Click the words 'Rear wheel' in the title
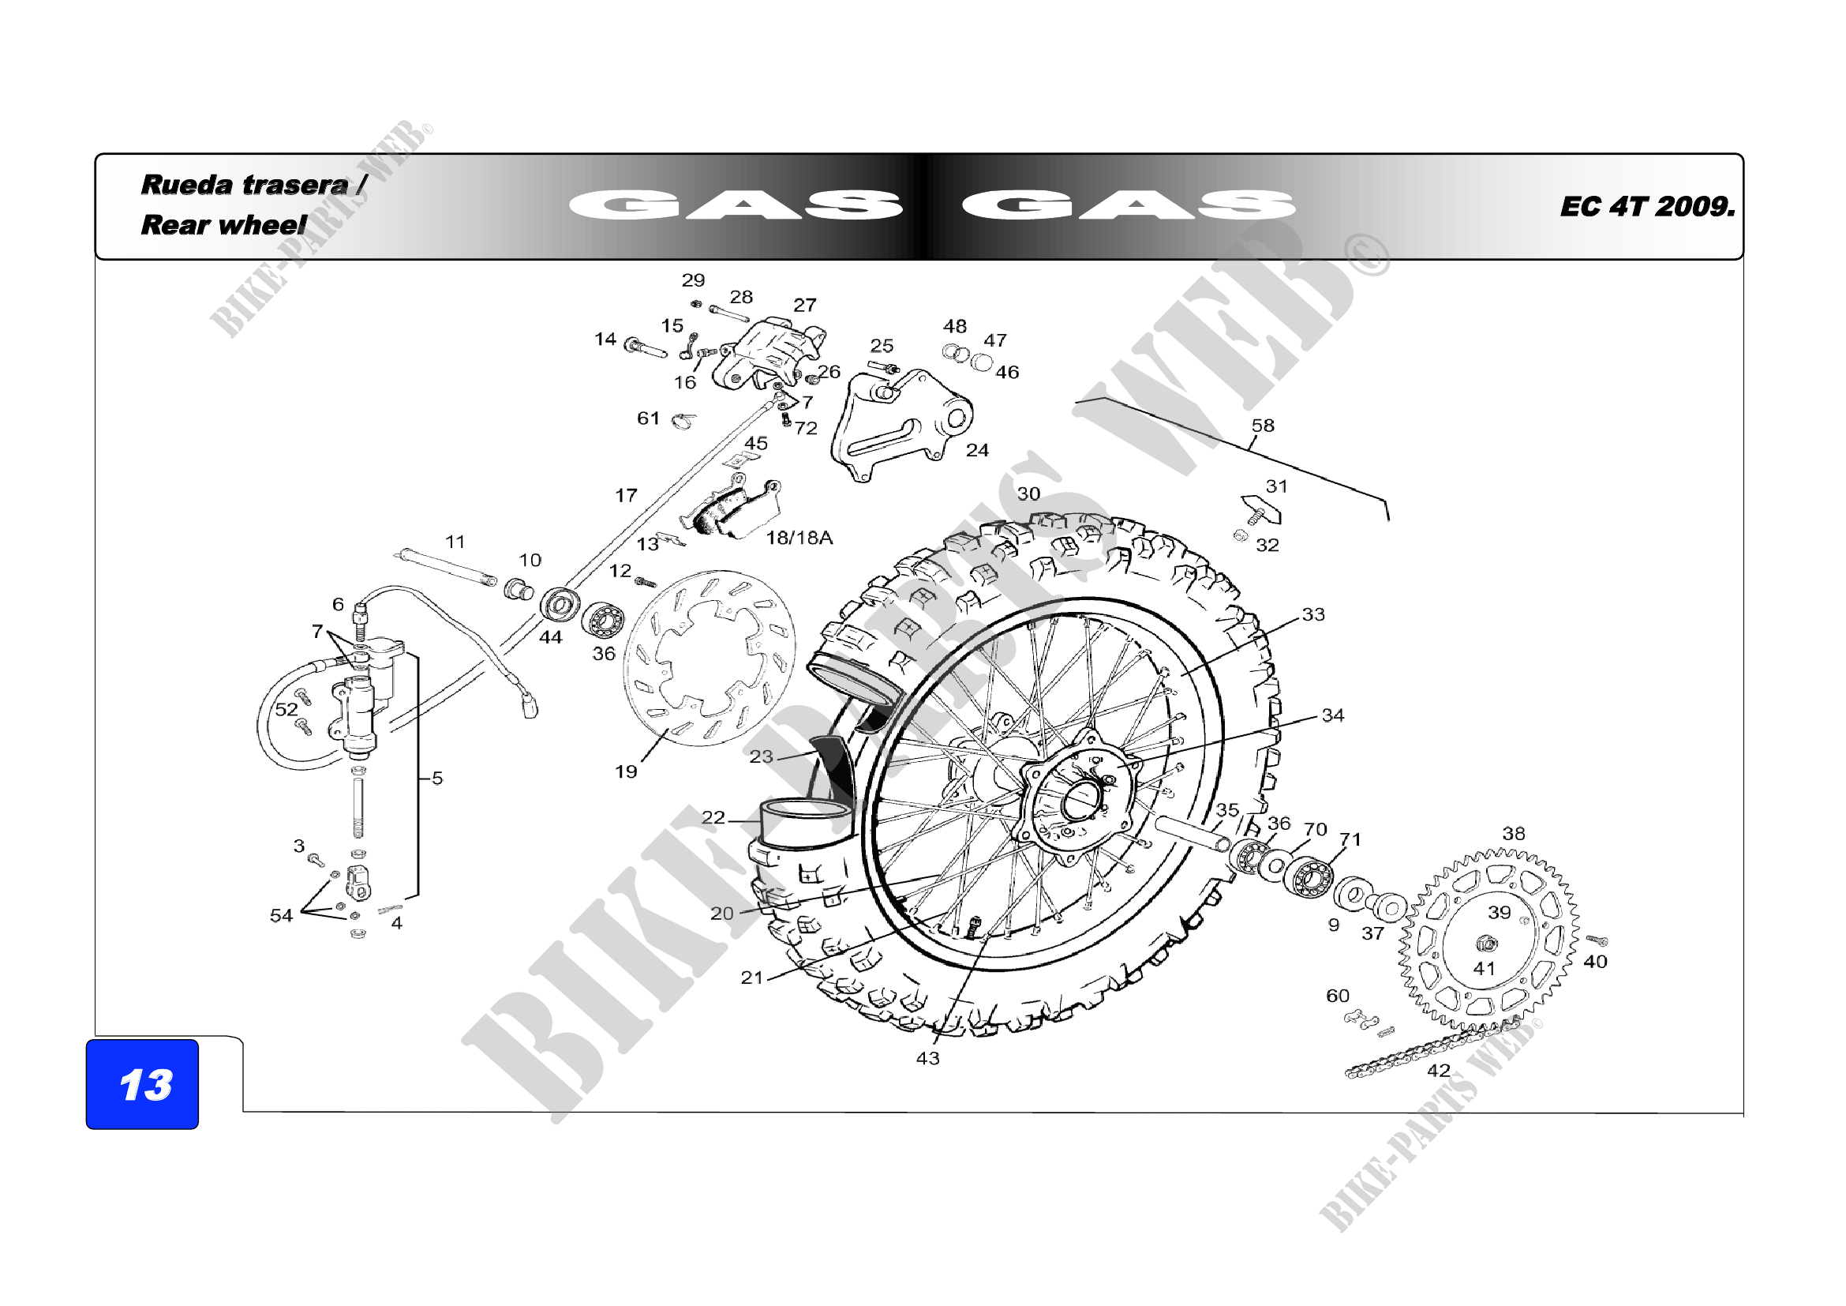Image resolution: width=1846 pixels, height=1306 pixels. (223, 224)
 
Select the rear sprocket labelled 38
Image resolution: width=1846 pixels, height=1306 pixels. (1488, 941)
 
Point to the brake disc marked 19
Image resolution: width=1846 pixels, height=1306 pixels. (710, 658)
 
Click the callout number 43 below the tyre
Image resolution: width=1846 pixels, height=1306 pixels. (928, 1058)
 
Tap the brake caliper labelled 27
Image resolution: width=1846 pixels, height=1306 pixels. (772, 354)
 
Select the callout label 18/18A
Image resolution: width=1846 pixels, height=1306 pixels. (799, 538)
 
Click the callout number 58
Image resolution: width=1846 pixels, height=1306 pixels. (1263, 426)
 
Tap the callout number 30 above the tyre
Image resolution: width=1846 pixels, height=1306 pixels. (1028, 494)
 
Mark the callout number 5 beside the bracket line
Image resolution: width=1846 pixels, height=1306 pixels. (437, 778)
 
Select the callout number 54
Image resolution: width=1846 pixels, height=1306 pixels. (281, 915)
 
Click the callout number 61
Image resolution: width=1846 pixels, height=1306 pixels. (648, 418)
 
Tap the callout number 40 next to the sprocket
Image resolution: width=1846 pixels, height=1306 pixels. (1595, 961)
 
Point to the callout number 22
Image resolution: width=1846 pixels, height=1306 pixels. (713, 817)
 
